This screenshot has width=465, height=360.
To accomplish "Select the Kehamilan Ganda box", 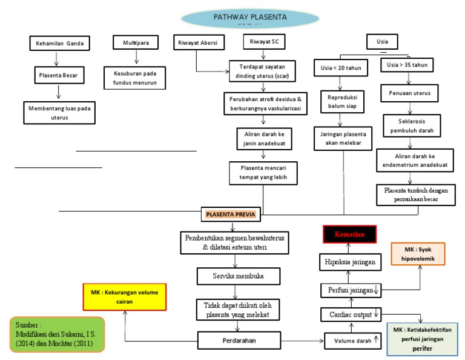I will tap(59, 43).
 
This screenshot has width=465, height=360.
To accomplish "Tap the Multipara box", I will tap(135, 42).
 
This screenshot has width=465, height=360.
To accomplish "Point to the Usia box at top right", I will tap(382, 42).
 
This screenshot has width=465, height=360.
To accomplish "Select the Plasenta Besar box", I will tap(59, 76).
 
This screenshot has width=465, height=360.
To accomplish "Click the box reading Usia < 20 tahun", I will tap(340, 68).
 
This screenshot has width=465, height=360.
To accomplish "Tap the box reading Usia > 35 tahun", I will tap(410, 64).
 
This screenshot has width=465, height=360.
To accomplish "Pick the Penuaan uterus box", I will tap(410, 95).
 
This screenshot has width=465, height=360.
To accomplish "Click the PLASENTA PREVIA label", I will tap(231, 215).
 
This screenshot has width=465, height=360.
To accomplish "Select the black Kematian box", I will tap(349, 234).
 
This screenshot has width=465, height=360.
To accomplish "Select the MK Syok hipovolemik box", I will tap(418, 253).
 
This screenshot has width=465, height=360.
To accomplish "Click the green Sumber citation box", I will tap(58, 334).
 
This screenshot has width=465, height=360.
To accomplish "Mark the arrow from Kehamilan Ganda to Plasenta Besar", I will tap(56, 59).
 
